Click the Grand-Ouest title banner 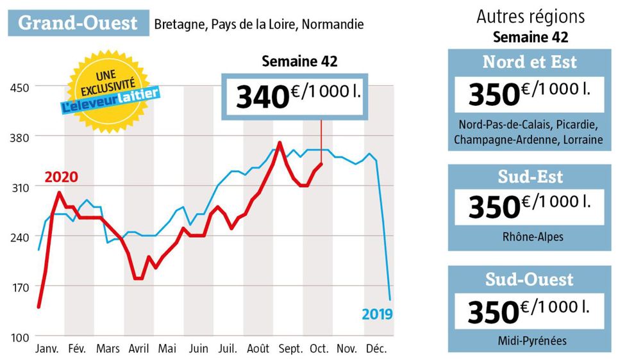[x=78, y=23]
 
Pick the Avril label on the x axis [x=139, y=349]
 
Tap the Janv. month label [x=46, y=349]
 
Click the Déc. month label [x=378, y=349]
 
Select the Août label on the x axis [x=258, y=349]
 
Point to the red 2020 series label [x=60, y=177]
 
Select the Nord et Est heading [x=529, y=62]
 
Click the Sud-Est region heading [x=529, y=176]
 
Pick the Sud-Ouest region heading [x=529, y=279]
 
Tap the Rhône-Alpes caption [x=529, y=236]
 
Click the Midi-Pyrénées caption [x=529, y=340]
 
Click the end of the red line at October [x=321, y=163]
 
